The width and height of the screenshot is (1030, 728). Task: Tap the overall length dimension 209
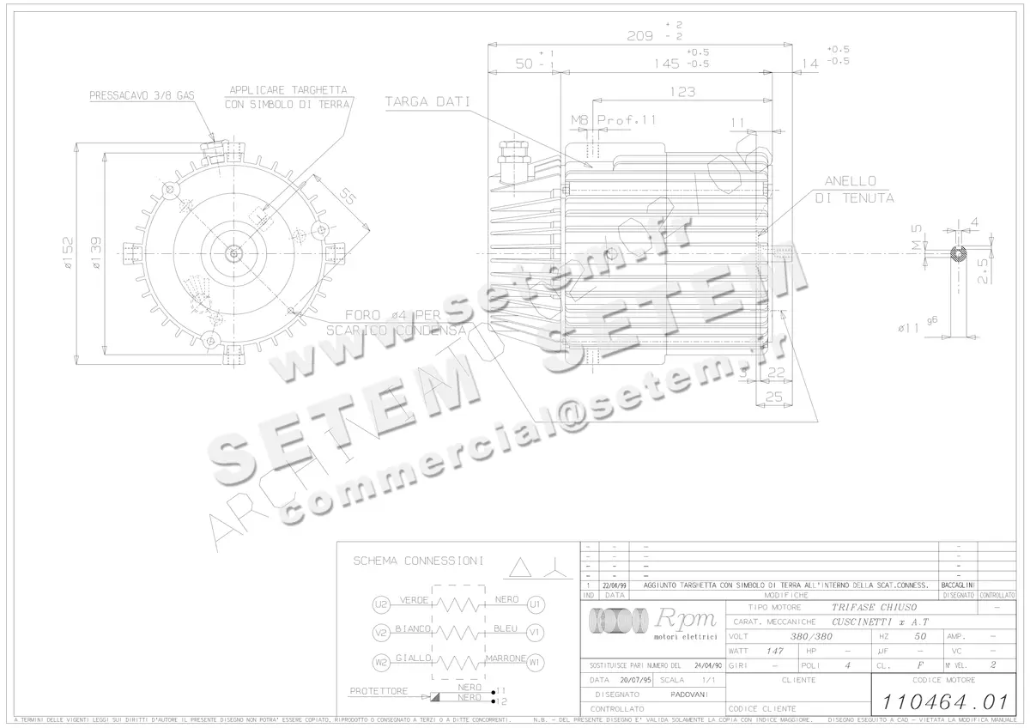[640, 35]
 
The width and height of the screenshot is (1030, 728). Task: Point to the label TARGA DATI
[427, 101]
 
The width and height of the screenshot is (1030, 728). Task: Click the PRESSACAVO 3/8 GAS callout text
[142, 97]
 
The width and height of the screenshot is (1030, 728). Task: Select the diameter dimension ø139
[98, 254]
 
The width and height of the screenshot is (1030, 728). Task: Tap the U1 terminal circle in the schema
[536, 604]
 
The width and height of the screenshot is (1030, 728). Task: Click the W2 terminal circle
[382, 662]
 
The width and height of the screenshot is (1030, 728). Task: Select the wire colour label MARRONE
[506, 658]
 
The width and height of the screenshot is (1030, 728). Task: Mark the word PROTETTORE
[379, 691]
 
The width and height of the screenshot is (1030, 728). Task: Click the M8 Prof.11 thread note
[613, 120]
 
